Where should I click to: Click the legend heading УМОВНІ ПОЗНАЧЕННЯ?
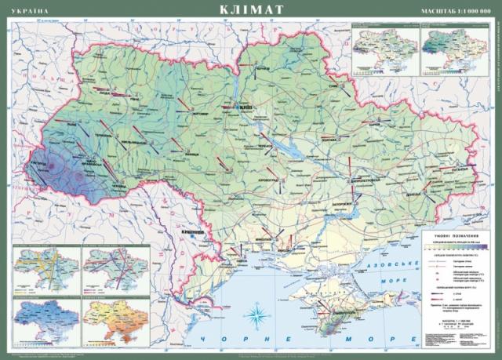click(x=456, y=235)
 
